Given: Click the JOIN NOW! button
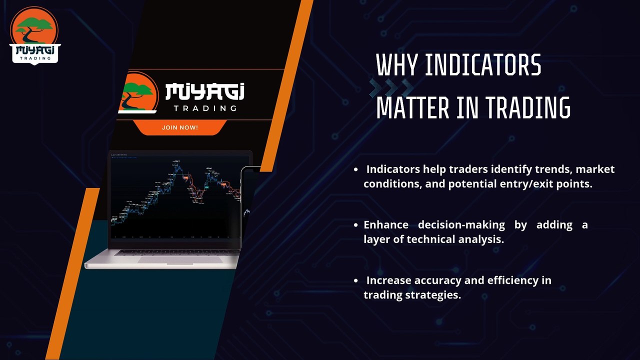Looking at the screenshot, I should pos(179,127).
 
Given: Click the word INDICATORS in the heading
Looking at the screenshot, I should pos(483,65).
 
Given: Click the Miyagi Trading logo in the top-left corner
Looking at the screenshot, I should pos(34,35).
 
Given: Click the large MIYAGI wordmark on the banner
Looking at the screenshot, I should pos(204,92).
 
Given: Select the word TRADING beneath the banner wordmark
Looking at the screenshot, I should pos(205,108).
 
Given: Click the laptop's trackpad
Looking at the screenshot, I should pos(180,259).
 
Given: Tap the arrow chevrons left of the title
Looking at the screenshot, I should pos(391,87).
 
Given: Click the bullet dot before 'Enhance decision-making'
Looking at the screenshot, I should pos(355,225).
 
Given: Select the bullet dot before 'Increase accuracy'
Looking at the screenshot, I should pos(355,280).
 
